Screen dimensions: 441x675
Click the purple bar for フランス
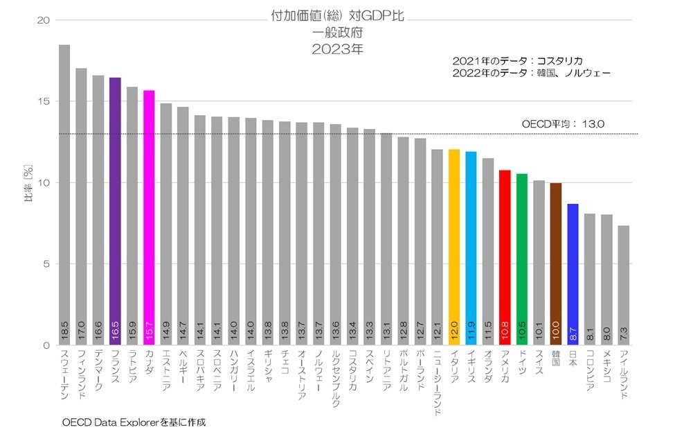pos(115,208)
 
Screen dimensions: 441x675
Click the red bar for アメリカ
pos(505,257)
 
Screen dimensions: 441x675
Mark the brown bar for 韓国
pos(556,263)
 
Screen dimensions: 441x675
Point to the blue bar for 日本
pos(573,274)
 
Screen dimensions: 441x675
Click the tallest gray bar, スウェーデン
pos(64,194)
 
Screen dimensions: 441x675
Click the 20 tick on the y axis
pos(43,20)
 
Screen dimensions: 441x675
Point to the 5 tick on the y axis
pos(46,264)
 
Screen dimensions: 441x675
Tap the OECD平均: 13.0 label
pos(563,124)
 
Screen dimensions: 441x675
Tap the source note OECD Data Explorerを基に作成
pos(134,422)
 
